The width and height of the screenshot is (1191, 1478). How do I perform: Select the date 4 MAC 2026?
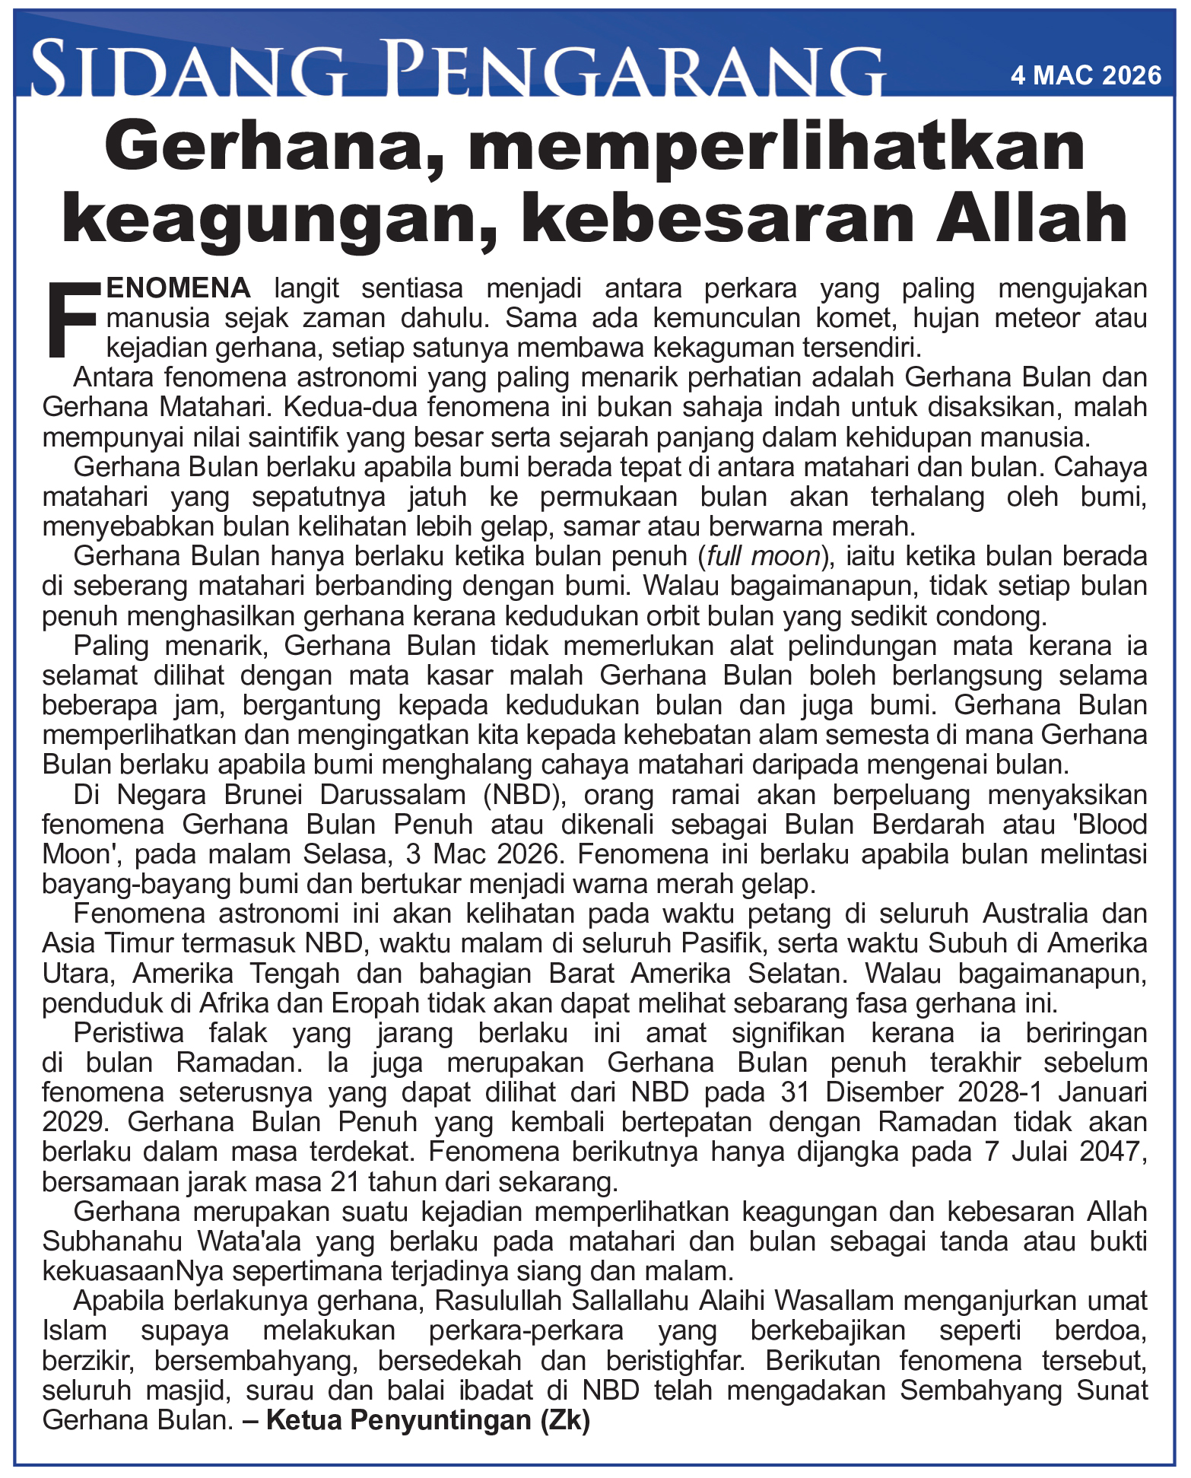pos(1085,75)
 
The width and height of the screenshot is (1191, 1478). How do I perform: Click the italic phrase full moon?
pos(763,557)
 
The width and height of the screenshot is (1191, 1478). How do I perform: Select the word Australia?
pos(1044,914)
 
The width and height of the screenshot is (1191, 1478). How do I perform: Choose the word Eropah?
pos(375,1003)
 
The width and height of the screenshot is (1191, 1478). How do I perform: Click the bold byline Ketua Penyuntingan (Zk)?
pos(428,1420)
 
